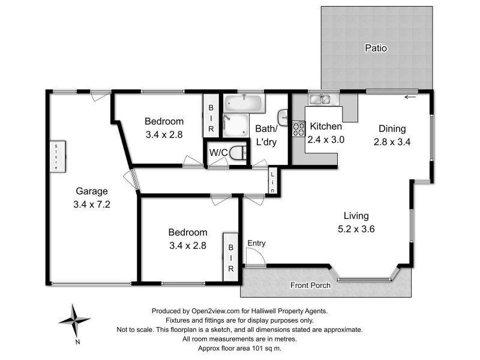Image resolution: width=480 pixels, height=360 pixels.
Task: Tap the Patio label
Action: point(376,47)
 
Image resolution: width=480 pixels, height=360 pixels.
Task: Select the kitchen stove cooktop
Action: point(298,128)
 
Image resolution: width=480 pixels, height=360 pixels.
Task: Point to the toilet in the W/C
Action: point(240,152)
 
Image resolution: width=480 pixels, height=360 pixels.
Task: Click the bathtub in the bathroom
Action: point(244,103)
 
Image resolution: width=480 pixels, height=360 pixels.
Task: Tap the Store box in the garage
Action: point(56,157)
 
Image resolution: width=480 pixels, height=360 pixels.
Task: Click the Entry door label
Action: point(256,243)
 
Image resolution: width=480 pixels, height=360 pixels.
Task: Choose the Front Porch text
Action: point(310,285)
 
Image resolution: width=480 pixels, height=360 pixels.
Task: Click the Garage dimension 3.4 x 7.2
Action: point(92,204)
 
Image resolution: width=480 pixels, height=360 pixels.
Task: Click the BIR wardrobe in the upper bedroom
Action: point(211,118)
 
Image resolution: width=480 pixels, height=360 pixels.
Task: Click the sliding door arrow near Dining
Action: point(410,97)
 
